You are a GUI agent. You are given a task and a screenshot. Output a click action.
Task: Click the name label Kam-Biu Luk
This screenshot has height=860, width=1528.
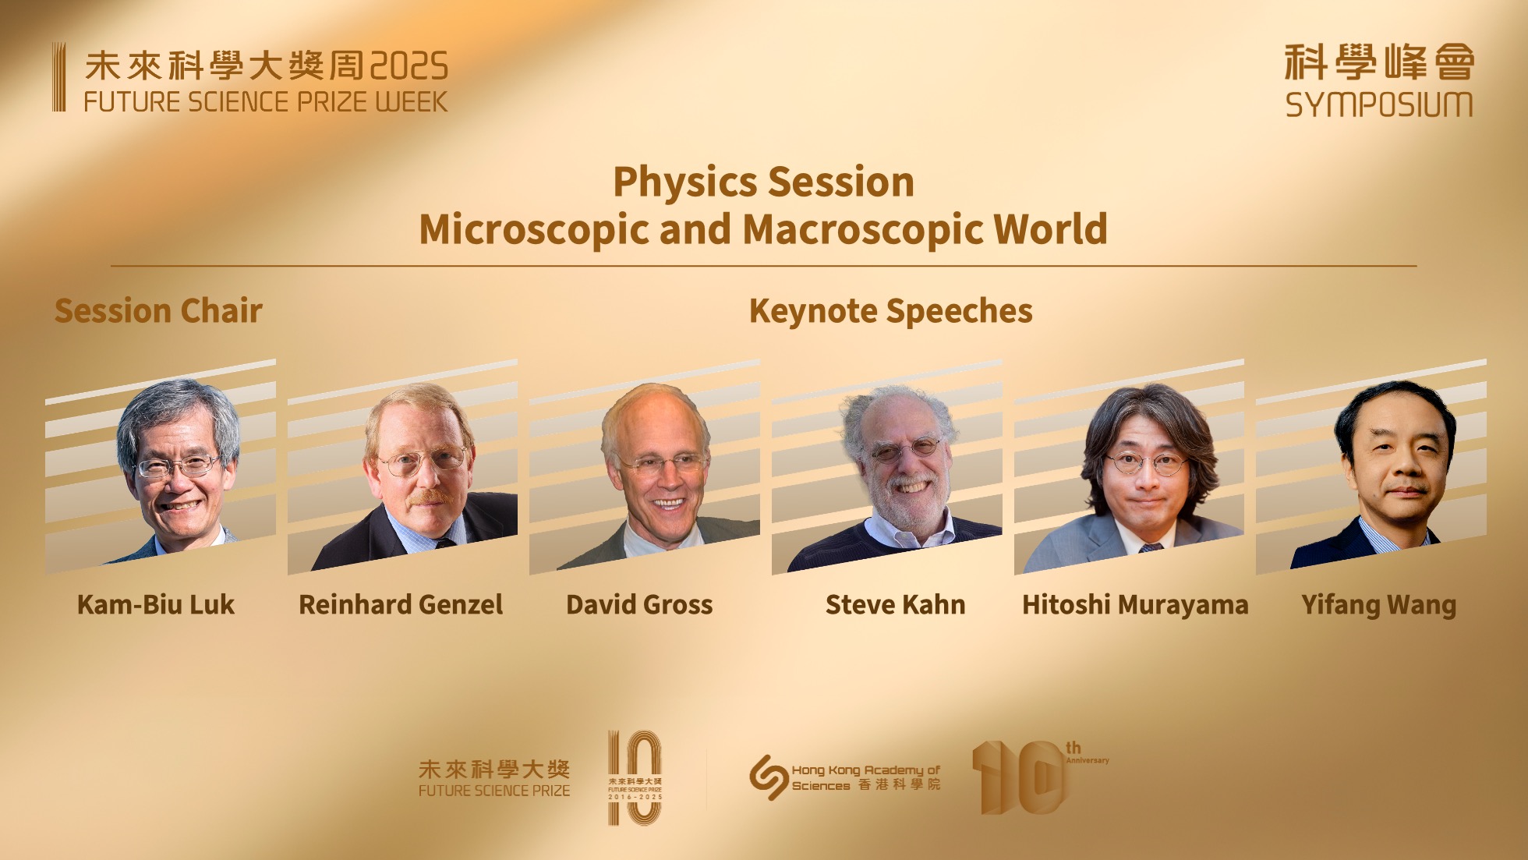156,604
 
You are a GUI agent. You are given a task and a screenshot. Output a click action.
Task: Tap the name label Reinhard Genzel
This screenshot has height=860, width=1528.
401,604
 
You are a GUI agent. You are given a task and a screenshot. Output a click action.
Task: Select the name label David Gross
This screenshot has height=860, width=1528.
639,604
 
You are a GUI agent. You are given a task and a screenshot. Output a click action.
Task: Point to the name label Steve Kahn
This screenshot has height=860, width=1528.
895,604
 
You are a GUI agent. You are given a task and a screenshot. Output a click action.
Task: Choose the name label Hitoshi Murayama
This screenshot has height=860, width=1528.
1135,605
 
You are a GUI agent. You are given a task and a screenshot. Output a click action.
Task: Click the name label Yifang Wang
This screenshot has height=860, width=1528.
1378,605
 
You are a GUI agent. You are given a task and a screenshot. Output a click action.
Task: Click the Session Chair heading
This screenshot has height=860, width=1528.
158,310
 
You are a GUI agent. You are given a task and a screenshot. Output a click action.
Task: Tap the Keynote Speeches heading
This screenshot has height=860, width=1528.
891,311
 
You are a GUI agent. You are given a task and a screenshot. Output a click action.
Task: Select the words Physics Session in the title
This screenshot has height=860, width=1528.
764,182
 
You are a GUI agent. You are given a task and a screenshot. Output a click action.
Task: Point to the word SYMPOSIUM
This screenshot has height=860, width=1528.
1379,104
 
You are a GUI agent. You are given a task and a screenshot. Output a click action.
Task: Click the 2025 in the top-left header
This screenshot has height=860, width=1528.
409,66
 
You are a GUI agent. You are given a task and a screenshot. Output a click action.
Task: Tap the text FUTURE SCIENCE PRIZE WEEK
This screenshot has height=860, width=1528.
266,102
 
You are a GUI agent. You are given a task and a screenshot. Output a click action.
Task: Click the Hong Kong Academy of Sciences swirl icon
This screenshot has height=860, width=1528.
768,777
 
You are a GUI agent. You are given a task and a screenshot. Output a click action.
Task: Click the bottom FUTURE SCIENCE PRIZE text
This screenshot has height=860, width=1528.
494,791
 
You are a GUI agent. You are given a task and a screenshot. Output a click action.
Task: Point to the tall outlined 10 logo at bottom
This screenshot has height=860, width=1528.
635,777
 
